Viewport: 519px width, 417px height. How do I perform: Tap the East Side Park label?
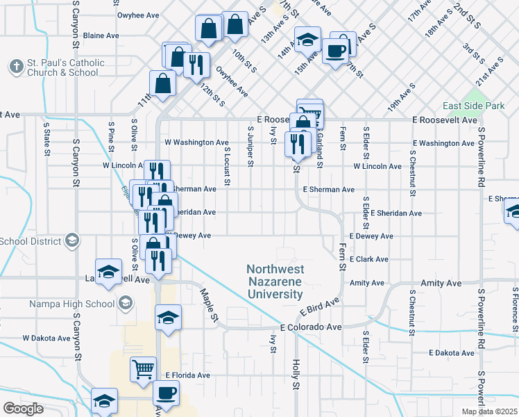[x=474, y=106]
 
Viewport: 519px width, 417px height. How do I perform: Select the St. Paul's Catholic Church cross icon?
[x=16, y=67]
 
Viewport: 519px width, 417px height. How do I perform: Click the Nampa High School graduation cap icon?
[x=125, y=303]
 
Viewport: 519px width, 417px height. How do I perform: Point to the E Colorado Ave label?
[x=311, y=327]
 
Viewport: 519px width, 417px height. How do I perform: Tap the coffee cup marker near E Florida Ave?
[x=167, y=393]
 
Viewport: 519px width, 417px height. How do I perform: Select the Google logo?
[x=24, y=409]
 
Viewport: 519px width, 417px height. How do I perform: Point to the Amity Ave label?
[x=367, y=283]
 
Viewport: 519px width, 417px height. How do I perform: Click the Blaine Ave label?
[x=101, y=35]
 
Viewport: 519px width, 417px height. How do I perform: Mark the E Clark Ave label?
[x=368, y=259]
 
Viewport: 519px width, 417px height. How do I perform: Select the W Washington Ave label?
[x=196, y=142]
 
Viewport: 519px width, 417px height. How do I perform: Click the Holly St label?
[x=296, y=375]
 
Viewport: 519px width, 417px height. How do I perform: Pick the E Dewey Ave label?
[x=371, y=236]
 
